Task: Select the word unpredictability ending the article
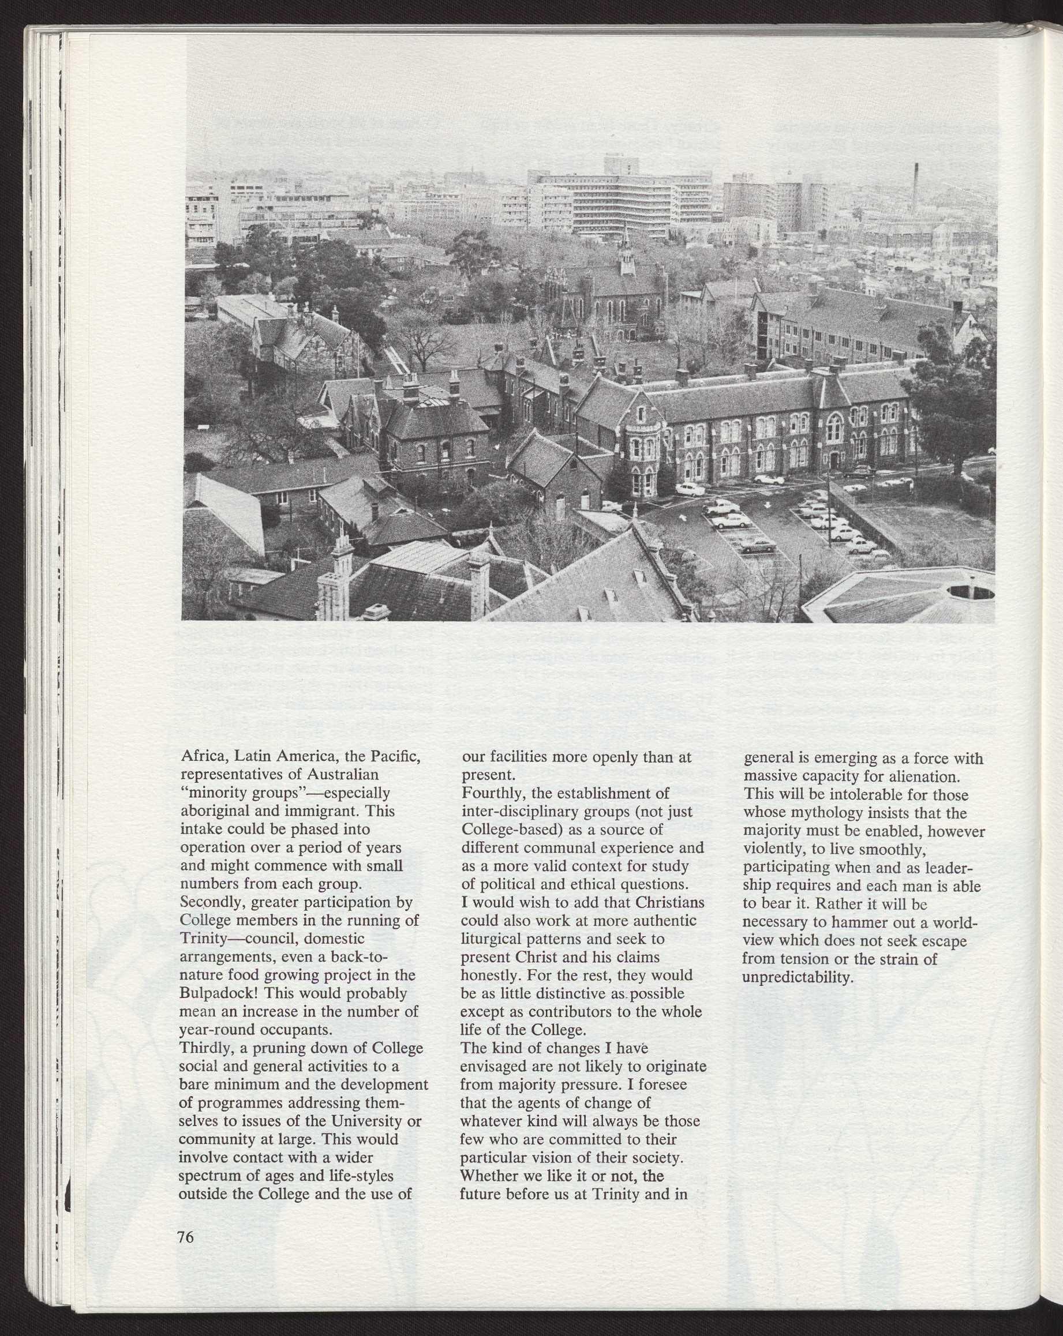(798, 977)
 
